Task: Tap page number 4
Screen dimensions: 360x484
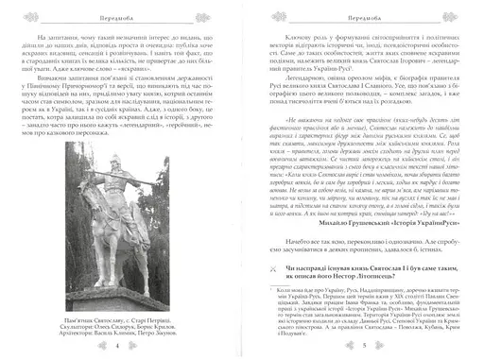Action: pos(115,345)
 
